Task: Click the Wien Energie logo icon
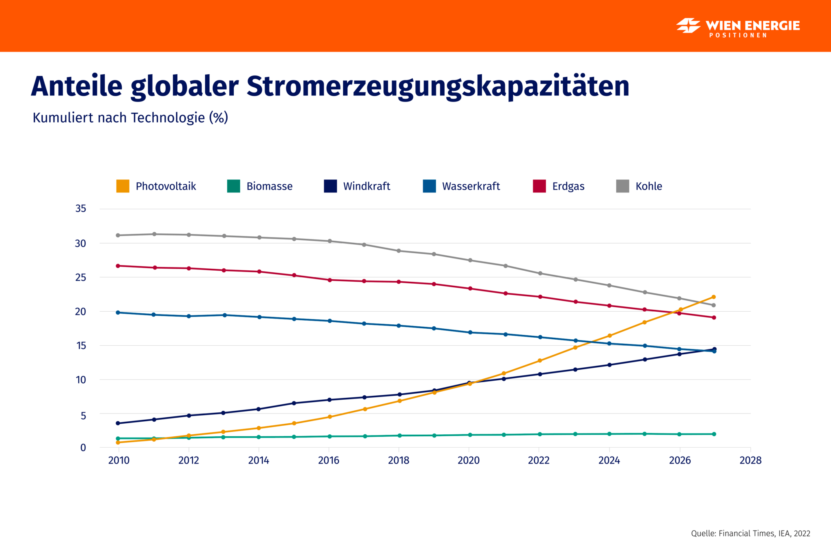coord(688,26)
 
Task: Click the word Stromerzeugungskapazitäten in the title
coord(438,86)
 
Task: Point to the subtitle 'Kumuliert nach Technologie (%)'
coord(130,118)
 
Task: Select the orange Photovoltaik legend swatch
coord(123,186)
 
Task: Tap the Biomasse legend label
coord(269,186)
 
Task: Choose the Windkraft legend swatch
coord(330,186)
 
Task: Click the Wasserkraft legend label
coord(471,186)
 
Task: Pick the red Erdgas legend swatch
coord(539,186)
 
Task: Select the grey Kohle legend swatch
coord(622,186)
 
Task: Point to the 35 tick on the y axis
coord(81,209)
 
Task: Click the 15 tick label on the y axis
coord(81,345)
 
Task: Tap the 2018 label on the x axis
coord(398,460)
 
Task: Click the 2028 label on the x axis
coord(750,460)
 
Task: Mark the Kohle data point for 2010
coord(118,235)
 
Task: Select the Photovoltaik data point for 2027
coord(714,297)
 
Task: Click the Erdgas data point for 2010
coord(118,266)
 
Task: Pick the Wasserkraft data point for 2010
coord(118,313)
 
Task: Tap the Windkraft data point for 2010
coord(118,423)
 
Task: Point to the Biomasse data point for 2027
coord(714,434)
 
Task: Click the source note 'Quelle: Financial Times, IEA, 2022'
coord(750,534)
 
